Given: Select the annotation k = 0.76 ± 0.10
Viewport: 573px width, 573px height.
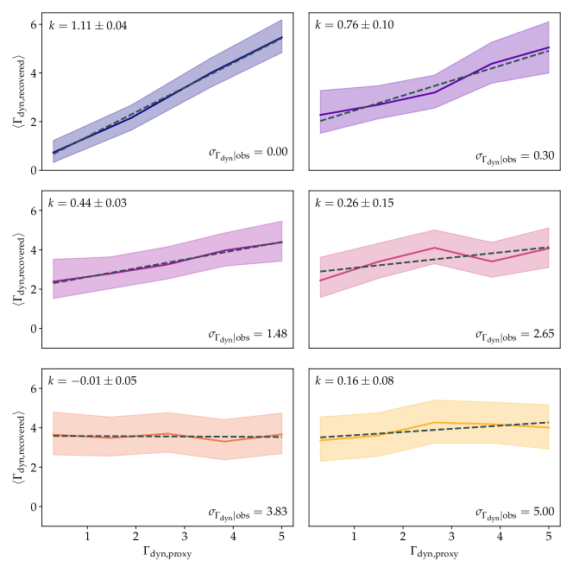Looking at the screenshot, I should click(355, 25).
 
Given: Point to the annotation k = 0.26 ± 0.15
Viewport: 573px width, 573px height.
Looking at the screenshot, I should click(355, 204).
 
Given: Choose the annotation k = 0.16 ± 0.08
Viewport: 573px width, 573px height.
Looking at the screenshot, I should click(355, 381).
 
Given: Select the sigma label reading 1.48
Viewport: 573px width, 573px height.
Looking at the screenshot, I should click(249, 334).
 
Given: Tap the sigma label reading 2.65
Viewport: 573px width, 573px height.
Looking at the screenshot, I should click(515, 334).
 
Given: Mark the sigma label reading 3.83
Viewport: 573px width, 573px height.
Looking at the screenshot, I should click(249, 511).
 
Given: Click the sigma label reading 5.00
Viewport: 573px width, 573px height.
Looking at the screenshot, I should click(515, 511).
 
